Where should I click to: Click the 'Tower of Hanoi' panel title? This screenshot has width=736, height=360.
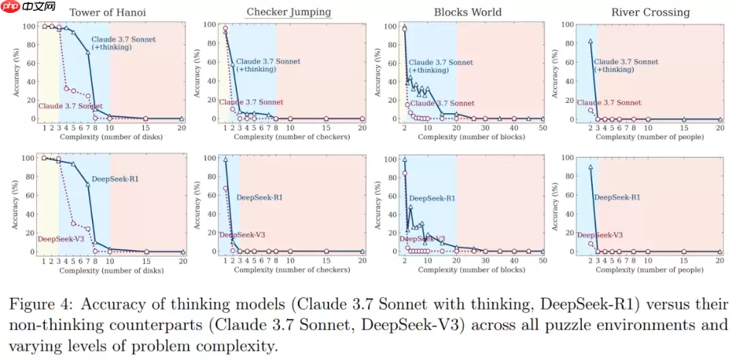point(107,12)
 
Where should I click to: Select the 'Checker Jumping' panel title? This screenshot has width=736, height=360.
point(288,12)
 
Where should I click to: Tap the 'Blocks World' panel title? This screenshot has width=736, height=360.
point(467,12)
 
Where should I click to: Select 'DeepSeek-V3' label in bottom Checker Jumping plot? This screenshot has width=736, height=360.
point(241,235)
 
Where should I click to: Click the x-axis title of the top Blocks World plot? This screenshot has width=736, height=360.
point(472,137)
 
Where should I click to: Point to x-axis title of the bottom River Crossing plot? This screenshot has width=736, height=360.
point(650,270)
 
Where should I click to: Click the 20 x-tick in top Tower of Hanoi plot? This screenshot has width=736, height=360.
point(182,127)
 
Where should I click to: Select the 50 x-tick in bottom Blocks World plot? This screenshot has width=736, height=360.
point(542,260)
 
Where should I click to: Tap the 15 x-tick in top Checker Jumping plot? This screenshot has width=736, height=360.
point(326,127)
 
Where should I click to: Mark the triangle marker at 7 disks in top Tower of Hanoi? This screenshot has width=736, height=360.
point(87,52)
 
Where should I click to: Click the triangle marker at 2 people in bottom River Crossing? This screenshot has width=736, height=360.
point(590,167)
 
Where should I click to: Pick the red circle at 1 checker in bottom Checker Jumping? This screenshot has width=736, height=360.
point(226,189)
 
